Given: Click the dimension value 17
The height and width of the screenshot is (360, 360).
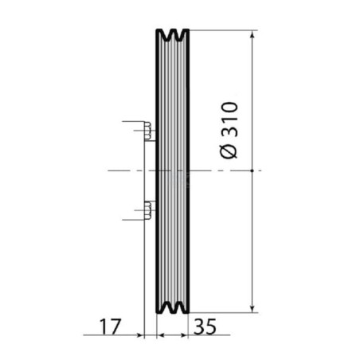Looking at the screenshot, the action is (x=110, y=327).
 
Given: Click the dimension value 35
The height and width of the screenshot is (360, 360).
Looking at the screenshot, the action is (x=205, y=327).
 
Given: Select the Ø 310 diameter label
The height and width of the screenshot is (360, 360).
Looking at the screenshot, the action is (x=229, y=130).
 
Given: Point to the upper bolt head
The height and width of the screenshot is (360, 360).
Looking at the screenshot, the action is (x=148, y=131).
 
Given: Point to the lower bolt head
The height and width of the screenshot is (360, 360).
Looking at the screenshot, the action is (x=148, y=210).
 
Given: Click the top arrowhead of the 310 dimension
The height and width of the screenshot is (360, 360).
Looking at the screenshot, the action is (x=252, y=35).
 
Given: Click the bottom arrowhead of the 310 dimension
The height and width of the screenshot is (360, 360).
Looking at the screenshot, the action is (x=252, y=308).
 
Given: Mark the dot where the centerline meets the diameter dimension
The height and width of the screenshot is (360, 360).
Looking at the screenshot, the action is (x=252, y=170).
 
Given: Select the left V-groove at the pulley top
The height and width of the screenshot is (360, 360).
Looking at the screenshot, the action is (x=167, y=35).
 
